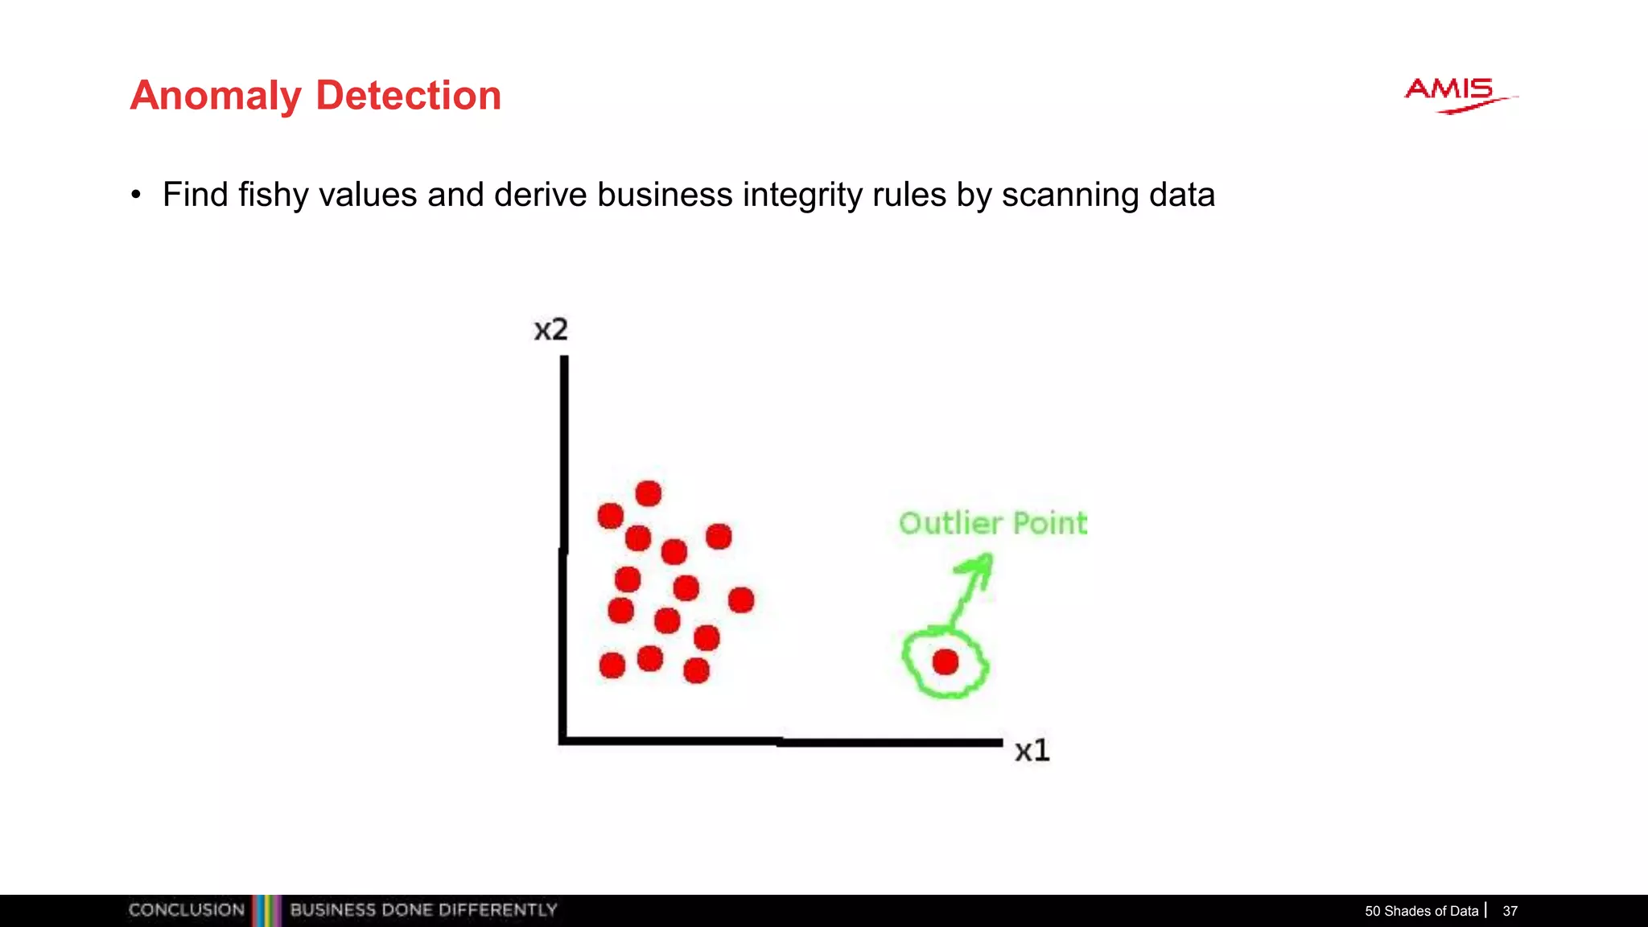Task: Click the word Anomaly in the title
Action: click(x=216, y=97)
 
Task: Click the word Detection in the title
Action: click(x=408, y=96)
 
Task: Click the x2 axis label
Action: click(x=551, y=330)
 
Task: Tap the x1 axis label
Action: click(x=1032, y=751)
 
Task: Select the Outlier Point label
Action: click(x=992, y=523)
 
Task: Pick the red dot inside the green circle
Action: click(x=946, y=662)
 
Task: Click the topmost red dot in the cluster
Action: click(x=648, y=493)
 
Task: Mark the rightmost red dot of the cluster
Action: click(x=741, y=599)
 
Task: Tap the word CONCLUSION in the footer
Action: click(x=186, y=910)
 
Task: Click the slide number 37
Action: click(x=1510, y=911)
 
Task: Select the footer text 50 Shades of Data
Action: click(x=1421, y=911)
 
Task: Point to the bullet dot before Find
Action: click(x=136, y=195)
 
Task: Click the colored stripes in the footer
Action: click(x=267, y=910)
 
